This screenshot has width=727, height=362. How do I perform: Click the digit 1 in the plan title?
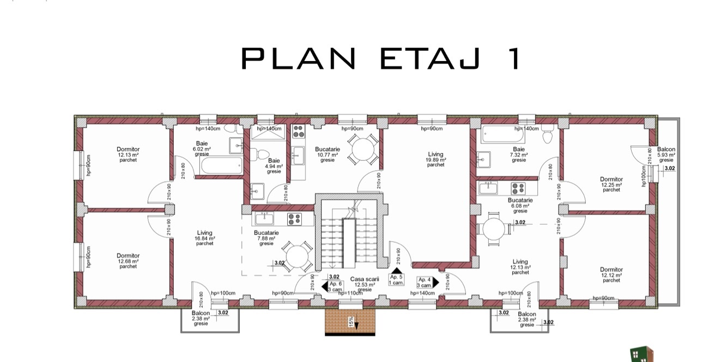(515, 58)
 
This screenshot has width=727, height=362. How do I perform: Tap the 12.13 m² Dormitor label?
(128, 154)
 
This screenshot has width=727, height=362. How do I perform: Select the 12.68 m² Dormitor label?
(128, 261)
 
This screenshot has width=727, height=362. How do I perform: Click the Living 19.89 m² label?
(435, 159)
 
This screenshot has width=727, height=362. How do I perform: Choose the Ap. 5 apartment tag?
(396, 280)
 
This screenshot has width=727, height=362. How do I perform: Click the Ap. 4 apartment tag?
(424, 282)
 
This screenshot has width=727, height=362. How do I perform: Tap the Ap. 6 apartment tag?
(335, 287)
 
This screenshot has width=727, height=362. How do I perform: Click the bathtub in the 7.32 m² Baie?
(502, 135)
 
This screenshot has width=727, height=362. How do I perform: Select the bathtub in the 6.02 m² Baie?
(222, 166)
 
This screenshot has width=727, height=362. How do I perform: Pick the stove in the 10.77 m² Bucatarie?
(299, 131)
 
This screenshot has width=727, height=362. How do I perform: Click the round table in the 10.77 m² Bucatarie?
(363, 149)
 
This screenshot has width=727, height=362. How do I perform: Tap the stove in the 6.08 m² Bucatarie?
(518, 188)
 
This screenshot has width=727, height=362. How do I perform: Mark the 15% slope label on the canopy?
(351, 322)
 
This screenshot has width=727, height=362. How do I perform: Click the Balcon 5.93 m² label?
(667, 154)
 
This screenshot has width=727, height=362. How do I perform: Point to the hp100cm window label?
(644, 176)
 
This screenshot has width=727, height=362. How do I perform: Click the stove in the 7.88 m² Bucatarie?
(294, 219)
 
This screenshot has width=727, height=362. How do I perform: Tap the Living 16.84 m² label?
(204, 238)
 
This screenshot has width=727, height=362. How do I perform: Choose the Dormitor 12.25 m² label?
(611, 184)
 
